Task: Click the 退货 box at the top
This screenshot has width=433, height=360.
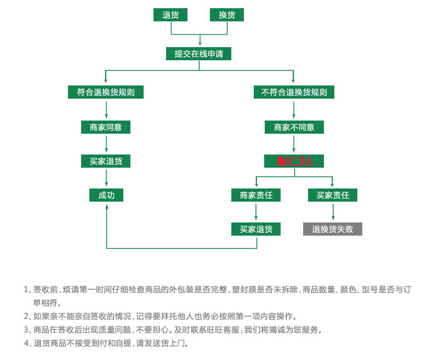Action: (x=170, y=15)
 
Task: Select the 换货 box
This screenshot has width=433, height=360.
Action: (x=227, y=15)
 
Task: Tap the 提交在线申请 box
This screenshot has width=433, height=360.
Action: (x=198, y=54)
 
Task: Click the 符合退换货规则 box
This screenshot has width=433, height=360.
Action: (x=106, y=92)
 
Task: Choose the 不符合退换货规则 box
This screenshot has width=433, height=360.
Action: (x=294, y=92)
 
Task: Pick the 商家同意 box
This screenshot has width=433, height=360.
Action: (x=106, y=127)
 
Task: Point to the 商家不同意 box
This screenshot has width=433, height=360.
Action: (x=294, y=127)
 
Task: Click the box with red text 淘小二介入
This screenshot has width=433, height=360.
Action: (x=294, y=161)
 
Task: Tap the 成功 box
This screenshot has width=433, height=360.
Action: (x=106, y=195)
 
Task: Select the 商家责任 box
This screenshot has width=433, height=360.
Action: (x=256, y=195)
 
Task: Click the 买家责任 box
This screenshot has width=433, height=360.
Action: (x=333, y=195)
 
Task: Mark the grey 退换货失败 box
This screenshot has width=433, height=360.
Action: (x=333, y=229)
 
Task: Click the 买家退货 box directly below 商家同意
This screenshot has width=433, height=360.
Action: (x=106, y=161)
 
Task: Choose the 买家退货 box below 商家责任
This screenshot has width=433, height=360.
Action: (x=256, y=229)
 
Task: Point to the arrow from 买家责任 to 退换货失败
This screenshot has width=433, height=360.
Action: (x=333, y=212)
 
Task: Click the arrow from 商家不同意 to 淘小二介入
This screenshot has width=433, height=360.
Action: (x=294, y=144)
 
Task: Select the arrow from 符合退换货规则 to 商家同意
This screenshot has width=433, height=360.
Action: (x=106, y=110)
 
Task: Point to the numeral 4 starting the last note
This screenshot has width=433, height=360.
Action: (x=26, y=344)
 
